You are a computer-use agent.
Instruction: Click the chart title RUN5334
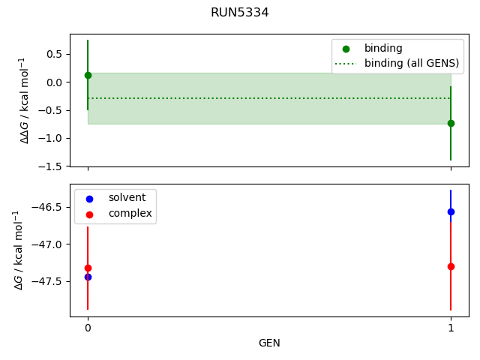pyautogui.click(x=240, y=13)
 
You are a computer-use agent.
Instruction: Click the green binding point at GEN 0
pyautogui.click(x=88, y=75)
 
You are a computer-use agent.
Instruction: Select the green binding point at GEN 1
pyautogui.click(x=451, y=123)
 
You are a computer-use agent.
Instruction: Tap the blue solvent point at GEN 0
pyautogui.click(x=88, y=277)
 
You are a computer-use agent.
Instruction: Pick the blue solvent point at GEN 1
pyautogui.click(x=451, y=211)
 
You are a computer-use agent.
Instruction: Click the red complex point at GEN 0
pyautogui.click(x=88, y=268)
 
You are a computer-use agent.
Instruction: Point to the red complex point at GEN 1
pyautogui.click(x=451, y=266)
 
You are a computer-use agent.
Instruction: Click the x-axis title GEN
pyautogui.click(x=269, y=343)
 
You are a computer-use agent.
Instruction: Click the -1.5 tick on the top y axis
pyautogui.click(x=50, y=166)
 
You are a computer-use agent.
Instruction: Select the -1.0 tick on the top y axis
pyautogui.click(x=50, y=138)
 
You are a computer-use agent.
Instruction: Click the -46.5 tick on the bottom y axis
pyautogui.click(x=48, y=207)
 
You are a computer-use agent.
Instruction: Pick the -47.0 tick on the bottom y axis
pyautogui.click(x=48, y=244)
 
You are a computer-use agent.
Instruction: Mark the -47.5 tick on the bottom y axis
pyautogui.click(x=48, y=282)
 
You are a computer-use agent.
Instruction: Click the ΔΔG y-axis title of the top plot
pyautogui.click(x=25, y=100)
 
